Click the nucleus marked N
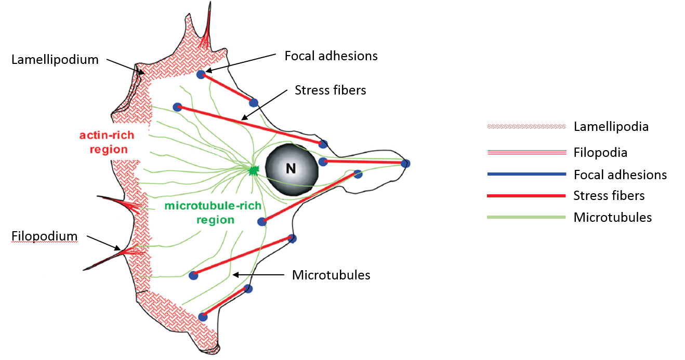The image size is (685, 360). coord(291,169)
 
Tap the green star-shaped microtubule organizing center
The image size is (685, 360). coord(254,169)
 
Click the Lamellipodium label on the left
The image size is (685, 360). coord(55,60)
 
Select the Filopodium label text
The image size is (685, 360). coord(45,237)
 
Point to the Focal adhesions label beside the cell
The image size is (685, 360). coord(331,56)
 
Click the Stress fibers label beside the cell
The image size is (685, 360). coord(330,90)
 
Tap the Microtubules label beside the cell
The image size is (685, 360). coord(331,274)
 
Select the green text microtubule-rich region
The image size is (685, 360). coord(213,212)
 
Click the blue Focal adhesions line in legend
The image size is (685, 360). coord(526,175)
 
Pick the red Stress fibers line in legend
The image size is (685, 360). coord(526,196)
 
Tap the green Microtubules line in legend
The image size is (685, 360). coord(526,217)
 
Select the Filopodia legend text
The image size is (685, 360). coord(600,153)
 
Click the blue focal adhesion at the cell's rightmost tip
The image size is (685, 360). coord(405,164)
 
